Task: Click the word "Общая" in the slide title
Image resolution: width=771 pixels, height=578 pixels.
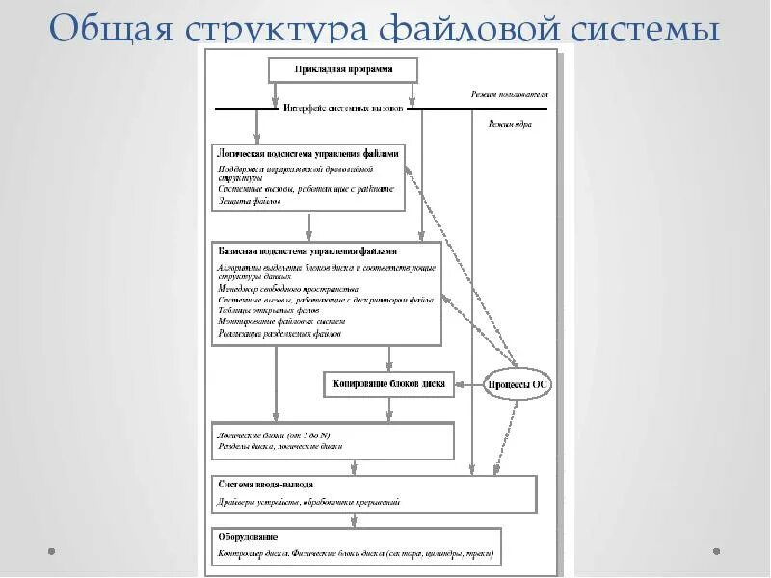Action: point(106,29)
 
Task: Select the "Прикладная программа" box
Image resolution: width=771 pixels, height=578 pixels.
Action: point(342,70)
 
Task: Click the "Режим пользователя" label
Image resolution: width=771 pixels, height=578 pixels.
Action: point(509,95)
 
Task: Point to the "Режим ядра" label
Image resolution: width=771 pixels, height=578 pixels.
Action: point(509,124)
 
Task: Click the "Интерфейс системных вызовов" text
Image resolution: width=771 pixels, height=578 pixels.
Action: point(344,109)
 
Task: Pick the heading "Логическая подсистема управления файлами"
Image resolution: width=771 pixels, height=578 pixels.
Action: point(308,153)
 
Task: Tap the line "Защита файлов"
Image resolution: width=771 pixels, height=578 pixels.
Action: point(250,201)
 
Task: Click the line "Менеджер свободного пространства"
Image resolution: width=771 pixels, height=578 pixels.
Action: point(289,288)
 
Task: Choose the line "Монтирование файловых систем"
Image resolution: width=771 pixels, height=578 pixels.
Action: point(280,322)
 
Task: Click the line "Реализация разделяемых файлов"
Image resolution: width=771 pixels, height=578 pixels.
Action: point(279,334)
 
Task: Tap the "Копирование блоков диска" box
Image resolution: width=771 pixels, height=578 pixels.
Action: point(388,383)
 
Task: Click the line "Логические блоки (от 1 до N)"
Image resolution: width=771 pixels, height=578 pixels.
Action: point(280,435)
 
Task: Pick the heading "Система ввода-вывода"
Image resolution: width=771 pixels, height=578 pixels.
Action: point(265,484)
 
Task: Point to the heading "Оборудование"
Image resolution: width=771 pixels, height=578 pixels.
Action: point(250,537)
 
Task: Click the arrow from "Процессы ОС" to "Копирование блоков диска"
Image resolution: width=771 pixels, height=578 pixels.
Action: point(468,384)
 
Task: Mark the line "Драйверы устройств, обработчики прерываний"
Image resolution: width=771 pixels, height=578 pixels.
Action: point(308,502)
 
